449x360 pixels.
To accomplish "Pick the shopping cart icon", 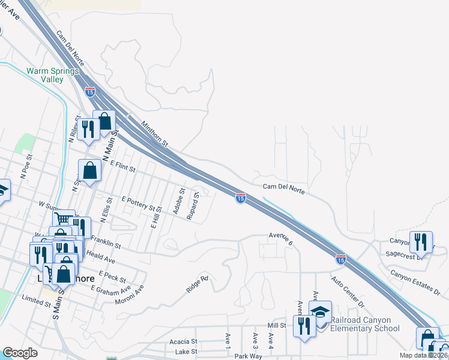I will coord(63,220).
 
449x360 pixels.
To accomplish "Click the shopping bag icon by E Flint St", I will coord(89,170).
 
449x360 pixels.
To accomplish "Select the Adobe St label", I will coord(178,200).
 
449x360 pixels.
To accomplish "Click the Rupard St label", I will coord(193,206).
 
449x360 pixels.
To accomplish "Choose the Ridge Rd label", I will coord(197,284).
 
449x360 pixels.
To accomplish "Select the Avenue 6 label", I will coord(280,238).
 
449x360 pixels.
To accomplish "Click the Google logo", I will coord(20,353).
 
